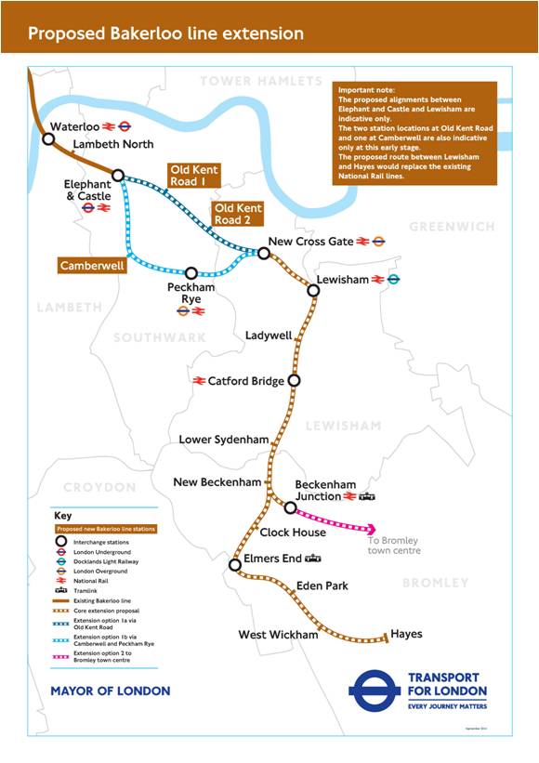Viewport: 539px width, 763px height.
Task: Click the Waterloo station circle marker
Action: [x=48, y=139]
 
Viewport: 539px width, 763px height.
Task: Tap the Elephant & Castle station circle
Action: [x=118, y=175]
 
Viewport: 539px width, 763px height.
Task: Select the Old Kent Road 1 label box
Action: [x=194, y=176]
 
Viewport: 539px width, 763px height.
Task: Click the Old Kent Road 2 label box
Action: [x=237, y=214]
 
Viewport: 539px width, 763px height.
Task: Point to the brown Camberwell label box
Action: [x=91, y=265]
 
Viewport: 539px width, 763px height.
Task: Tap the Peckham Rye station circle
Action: [x=191, y=273]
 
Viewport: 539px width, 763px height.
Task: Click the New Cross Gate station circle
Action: [x=264, y=253]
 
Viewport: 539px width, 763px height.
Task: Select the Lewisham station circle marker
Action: [x=313, y=290]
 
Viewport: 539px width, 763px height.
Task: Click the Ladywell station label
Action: [x=268, y=335]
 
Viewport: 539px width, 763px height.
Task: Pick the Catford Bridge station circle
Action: [x=294, y=380]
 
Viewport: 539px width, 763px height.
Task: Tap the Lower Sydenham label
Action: [x=223, y=439]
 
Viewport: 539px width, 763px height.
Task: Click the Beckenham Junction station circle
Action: [x=290, y=507]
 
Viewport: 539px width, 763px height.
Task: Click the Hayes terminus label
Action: [x=406, y=634]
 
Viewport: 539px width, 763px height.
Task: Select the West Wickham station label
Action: [x=278, y=635]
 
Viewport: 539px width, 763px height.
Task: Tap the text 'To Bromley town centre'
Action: [x=393, y=546]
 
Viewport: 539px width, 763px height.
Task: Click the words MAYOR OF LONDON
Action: [x=110, y=691]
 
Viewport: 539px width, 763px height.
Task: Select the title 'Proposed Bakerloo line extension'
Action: [x=165, y=33]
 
